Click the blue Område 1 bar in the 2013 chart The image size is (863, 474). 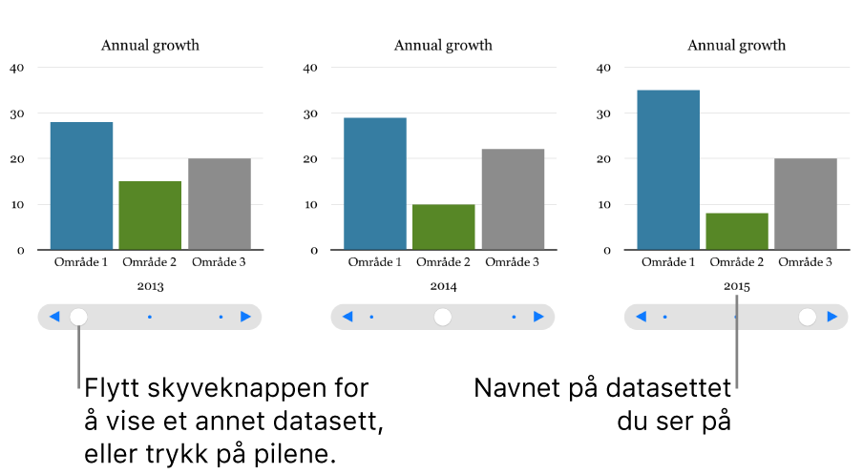(81, 186)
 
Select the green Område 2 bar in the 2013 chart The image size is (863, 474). (150, 216)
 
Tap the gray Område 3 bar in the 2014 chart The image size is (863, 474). (513, 199)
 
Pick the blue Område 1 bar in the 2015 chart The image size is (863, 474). (668, 170)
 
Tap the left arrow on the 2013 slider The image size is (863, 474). (54, 317)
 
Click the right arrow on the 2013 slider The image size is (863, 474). (245, 317)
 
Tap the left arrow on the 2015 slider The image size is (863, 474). (642, 317)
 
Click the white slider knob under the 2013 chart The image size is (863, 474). (79, 317)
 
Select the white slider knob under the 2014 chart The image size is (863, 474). (442, 317)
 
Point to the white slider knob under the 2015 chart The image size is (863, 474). (808, 317)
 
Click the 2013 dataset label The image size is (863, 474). (150, 285)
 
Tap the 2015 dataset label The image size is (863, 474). (737, 285)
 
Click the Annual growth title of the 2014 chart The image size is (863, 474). (443, 45)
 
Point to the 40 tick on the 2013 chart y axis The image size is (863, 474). (17, 68)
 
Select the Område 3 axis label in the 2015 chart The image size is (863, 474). (806, 262)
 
